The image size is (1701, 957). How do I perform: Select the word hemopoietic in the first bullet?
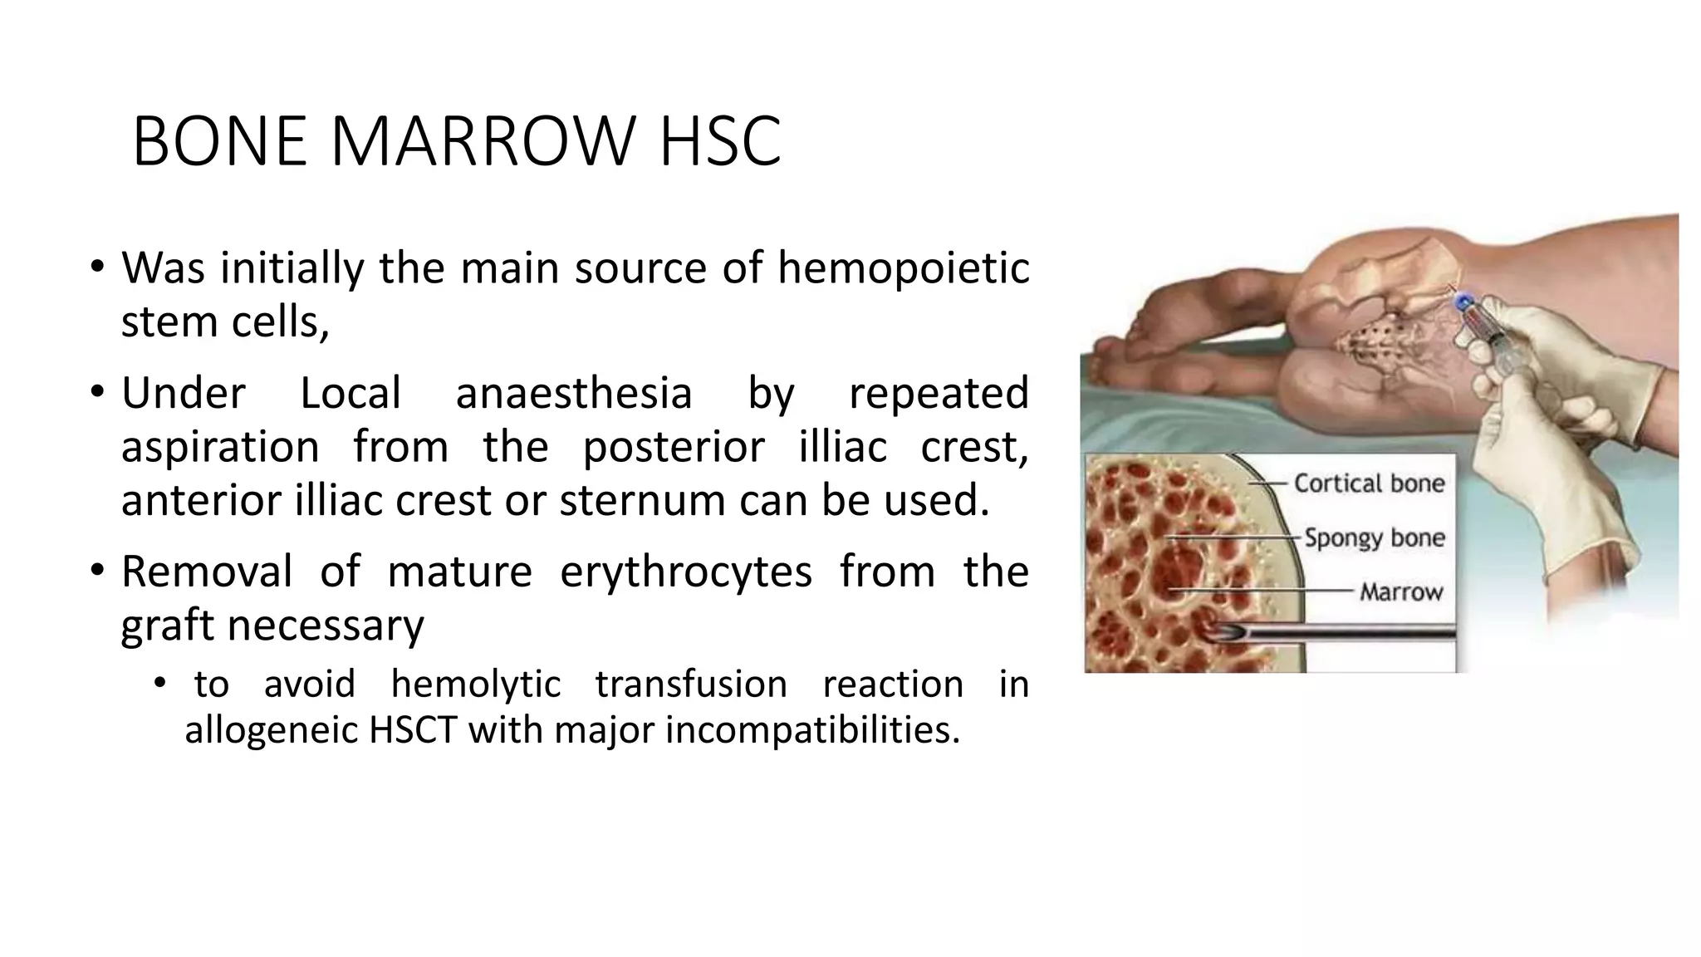[x=903, y=267]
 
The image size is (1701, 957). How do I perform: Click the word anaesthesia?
[x=573, y=393]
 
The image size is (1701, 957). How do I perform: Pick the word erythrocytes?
[x=685, y=572]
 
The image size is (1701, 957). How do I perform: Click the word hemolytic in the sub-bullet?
[x=475, y=685]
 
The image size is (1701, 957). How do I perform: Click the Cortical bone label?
[x=1369, y=483]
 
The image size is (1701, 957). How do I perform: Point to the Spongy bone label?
[x=1374, y=537]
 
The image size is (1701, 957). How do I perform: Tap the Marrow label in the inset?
[x=1400, y=591]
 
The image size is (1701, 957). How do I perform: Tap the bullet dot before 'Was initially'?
[x=98, y=267]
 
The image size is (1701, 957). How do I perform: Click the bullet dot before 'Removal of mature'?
[x=98, y=572]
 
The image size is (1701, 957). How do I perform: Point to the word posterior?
[x=673, y=447]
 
